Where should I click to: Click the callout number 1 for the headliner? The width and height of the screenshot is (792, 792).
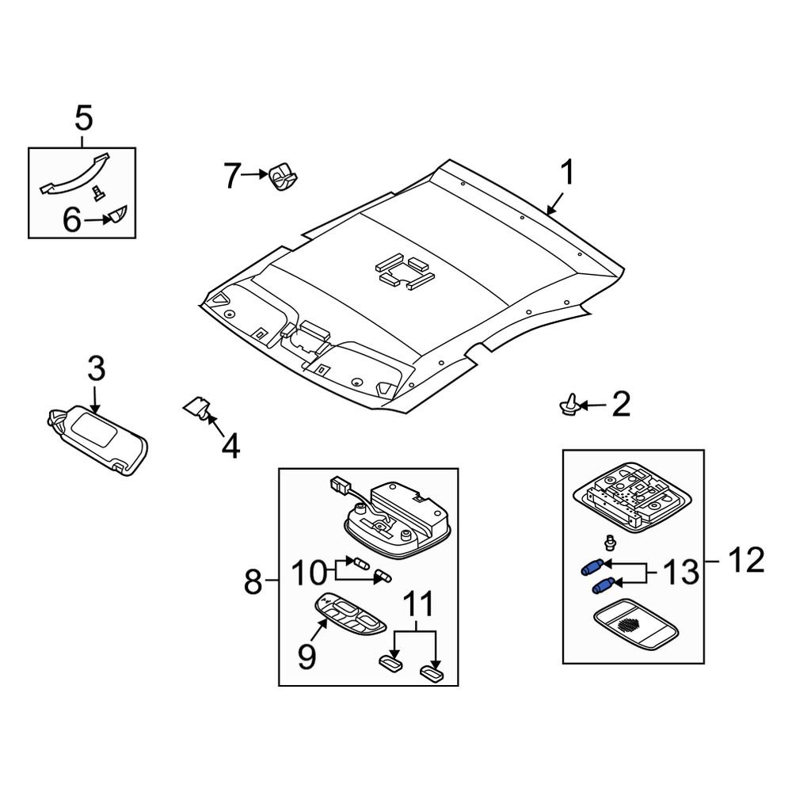[x=569, y=172]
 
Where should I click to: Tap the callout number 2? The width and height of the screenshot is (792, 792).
[x=621, y=404]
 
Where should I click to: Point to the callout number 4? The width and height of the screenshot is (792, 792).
[x=230, y=446]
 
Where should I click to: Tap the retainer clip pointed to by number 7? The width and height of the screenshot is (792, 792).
[x=283, y=176]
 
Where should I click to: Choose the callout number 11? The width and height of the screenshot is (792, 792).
[x=420, y=604]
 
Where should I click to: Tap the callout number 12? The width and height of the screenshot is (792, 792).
[x=746, y=560]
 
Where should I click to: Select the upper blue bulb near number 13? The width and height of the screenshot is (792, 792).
[x=592, y=567]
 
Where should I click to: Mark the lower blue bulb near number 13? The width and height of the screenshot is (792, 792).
[x=603, y=585]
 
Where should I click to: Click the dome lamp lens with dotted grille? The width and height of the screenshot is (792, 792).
[x=635, y=624]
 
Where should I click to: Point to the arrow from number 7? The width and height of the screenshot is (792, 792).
[x=254, y=174]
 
